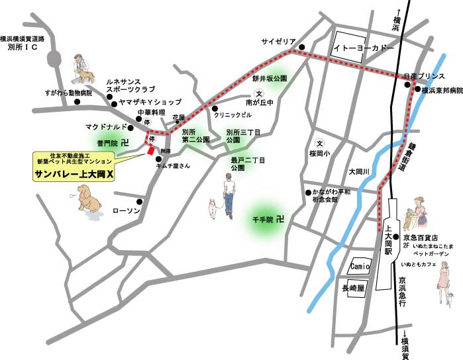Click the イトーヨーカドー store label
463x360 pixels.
[363, 48]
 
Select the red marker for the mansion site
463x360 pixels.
[151, 150]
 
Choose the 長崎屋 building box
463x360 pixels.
[354, 289]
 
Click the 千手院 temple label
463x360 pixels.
[264, 218]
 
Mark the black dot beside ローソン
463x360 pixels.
[140, 202]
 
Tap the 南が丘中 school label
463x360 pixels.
[260, 103]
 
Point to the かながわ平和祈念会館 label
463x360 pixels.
[334, 195]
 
